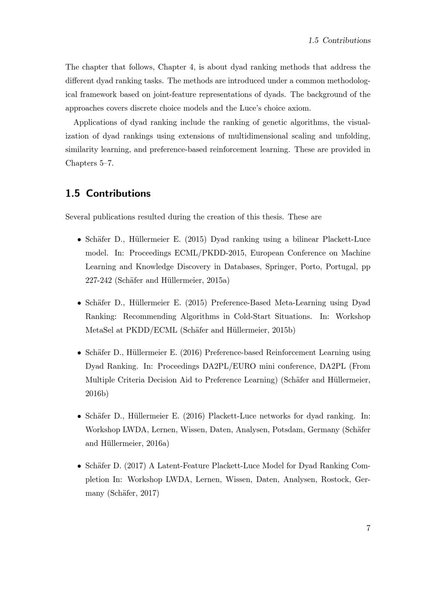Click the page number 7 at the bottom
coord(368,528)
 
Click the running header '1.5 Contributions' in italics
coord(339,41)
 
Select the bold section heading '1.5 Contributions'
coord(108,193)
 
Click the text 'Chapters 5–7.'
coord(89,163)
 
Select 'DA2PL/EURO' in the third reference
coord(226,366)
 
